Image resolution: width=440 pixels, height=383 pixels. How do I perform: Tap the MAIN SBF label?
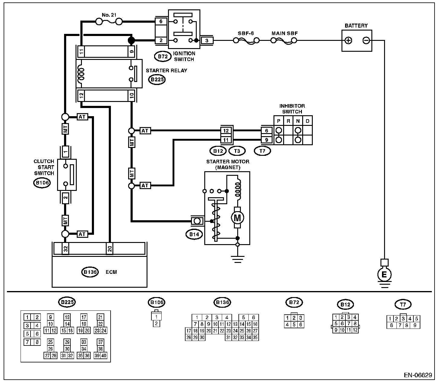(x=284, y=33)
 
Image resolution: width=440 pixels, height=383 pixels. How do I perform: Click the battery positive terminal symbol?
(x=348, y=40)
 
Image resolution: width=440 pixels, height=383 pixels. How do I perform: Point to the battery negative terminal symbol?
(x=366, y=40)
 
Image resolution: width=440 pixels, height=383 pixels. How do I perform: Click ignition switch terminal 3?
(x=207, y=40)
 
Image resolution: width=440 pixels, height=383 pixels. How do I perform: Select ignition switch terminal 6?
(x=161, y=21)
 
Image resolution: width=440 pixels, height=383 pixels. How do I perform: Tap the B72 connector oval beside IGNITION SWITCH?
(x=160, y=56)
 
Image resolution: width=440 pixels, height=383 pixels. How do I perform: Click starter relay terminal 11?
(x=81, y=51)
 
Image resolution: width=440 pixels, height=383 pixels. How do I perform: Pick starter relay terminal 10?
(x=131, y=96)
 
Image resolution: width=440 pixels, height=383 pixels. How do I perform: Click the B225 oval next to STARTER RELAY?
(x=157, y=80)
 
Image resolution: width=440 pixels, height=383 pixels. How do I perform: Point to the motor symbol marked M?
(x=238, y=217)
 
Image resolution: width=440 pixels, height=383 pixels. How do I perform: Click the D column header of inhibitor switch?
(x=308, y=121)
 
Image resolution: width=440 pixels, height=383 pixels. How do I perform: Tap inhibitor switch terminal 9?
(x=267, y=140)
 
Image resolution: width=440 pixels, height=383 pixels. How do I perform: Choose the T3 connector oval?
(x=237, y=150)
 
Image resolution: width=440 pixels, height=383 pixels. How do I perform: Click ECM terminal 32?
(x=65, y=248)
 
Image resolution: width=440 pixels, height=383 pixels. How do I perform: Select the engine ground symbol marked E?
(x=384, y=274)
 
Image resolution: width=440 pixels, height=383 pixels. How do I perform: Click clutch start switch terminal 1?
(x=65, y=150)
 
